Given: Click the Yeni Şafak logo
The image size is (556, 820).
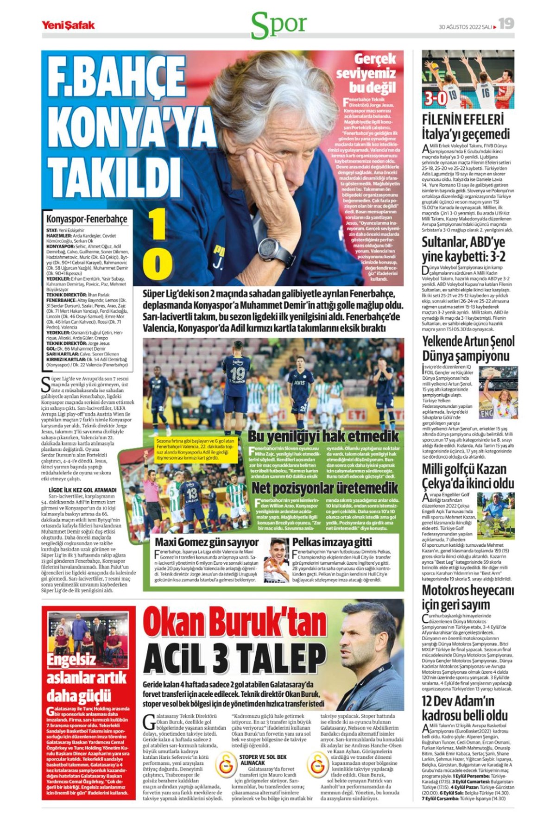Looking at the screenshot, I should [68, 25].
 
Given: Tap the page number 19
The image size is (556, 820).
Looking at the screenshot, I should [506, 24].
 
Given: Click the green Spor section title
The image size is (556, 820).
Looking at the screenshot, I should [278, 25].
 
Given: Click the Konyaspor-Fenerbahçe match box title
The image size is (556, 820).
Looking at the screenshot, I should [87, 219].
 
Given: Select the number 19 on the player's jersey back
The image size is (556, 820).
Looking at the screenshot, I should [237, 373].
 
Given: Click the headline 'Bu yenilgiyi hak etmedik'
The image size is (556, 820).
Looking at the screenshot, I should [323, 436].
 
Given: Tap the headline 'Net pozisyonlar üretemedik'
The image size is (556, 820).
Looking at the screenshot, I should [325, 488].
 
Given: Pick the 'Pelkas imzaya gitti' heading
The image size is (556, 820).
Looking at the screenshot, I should [332, 542].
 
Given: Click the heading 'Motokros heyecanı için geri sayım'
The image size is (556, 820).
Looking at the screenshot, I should [468, 598].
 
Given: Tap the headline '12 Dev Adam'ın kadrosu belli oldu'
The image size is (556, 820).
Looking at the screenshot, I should [464, 708].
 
